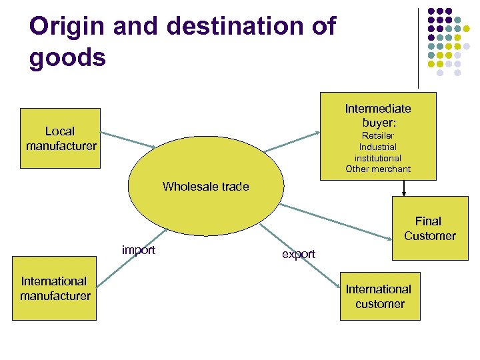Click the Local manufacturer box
60,138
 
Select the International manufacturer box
55,288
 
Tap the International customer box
379,296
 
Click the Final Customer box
429,228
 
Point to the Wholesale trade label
205,187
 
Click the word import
139,250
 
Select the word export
299,254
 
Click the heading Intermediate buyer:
378,115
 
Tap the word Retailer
378,136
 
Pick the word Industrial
378,147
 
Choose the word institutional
378,158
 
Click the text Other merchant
378,169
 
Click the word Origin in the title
67,27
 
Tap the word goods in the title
67,57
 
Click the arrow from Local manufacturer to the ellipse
127,139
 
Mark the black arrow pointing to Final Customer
403,189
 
